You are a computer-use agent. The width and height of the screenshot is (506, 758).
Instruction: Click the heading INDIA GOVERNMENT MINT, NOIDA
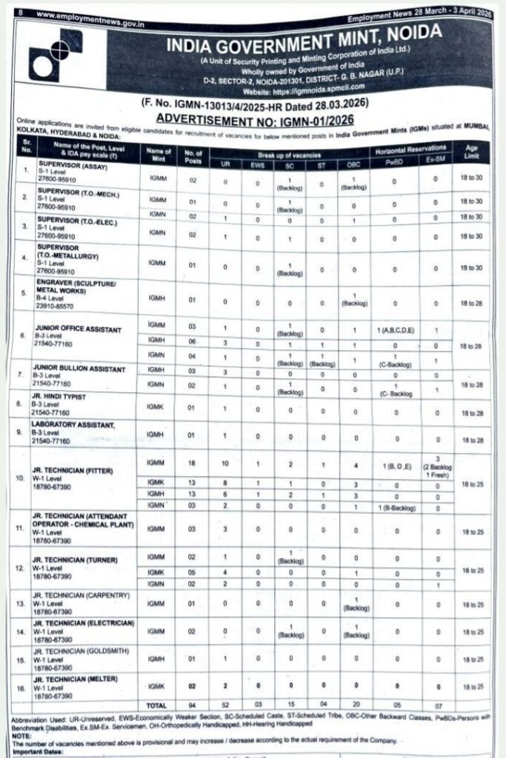[303, 41]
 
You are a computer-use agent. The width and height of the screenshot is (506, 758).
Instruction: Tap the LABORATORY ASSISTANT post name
[73, 424]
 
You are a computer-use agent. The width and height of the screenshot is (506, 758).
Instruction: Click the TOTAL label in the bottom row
[156, 705]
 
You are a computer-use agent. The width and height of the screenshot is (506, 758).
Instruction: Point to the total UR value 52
[224, 705]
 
